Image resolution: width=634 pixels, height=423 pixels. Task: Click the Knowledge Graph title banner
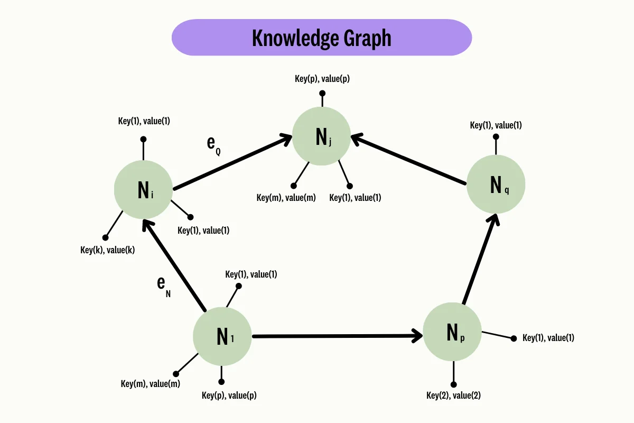(x=321, y=38)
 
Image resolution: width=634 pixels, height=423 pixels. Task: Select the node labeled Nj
(x=321, y=137)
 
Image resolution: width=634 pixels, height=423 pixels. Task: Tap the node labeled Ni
(x=143, y=189)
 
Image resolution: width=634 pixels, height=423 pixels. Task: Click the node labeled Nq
(x=496, y=184)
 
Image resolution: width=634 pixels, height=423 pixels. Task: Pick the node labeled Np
(x=452, y=332)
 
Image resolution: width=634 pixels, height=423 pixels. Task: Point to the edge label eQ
(x=213, y=144)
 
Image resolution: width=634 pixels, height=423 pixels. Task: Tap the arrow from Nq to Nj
(x=409, y=159)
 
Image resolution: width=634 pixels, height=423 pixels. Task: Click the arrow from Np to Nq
(x=479, y=259)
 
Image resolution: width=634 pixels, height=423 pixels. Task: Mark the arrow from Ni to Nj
(x=232, y=163)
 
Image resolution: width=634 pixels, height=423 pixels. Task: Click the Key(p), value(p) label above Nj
(x=322, y=79)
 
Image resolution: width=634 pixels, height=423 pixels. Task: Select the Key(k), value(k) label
(x=108, y=250)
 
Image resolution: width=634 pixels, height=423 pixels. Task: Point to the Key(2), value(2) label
(x=453, y=395)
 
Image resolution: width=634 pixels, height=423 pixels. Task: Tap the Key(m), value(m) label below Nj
(x=286, y=198)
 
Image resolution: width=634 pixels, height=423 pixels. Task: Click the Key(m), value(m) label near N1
(x=151, y=384)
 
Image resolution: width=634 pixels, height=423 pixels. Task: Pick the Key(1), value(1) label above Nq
(x=496, y=125)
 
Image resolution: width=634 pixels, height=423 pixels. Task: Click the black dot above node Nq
(x=496, y=136)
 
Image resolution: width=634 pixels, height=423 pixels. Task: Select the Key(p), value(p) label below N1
(x=229, y=395)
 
